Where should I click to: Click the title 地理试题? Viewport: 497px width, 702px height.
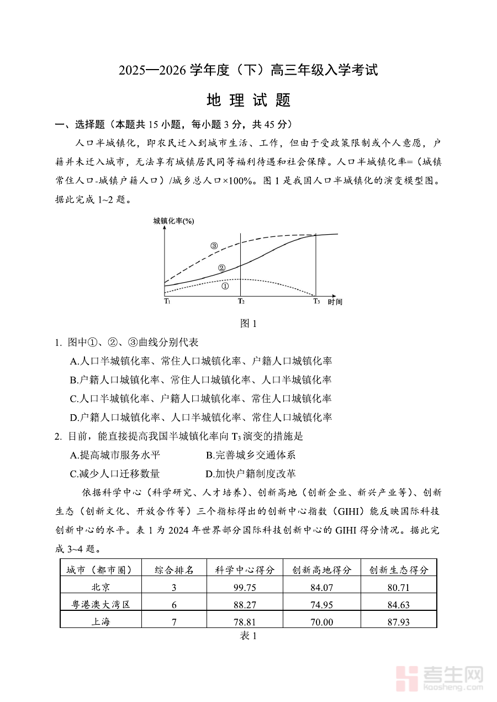[248, 101]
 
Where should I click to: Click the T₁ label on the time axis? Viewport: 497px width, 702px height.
[167, 301]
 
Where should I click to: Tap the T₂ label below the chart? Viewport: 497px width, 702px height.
[241, 301]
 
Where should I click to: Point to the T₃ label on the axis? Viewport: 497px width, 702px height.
[316, 301]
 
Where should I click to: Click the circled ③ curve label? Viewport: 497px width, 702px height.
[214, 246]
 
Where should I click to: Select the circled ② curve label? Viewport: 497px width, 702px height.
[221, 268]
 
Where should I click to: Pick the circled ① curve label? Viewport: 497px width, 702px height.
[225, 286]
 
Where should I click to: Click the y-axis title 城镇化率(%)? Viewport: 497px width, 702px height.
[174, 221]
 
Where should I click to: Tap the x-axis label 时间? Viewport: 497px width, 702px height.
[335, 302]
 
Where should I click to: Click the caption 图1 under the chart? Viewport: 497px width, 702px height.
[248, 324]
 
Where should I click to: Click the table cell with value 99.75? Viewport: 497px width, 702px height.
[245, 588]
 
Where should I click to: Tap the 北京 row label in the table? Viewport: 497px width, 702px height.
[101, 588]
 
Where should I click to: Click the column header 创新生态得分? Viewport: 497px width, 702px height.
[399, 570]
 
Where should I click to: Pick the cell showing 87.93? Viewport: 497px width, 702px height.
[399, 622]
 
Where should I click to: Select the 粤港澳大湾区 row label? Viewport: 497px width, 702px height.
[101, 605]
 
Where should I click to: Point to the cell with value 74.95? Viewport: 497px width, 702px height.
[322, 605]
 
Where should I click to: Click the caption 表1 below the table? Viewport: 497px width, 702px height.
[248, 636]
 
